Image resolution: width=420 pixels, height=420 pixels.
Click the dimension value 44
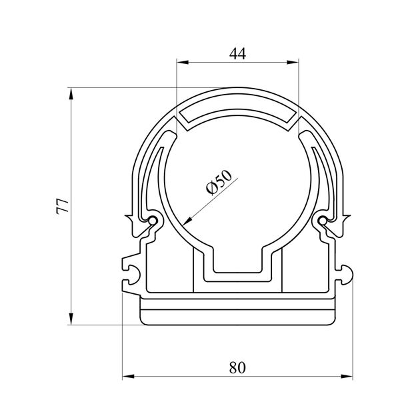click(237, 54)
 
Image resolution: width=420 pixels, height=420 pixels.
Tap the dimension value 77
click(62, 206)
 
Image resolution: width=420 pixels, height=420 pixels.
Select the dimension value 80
click(237, 367)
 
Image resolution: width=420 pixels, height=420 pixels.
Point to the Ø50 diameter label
click(219, 182)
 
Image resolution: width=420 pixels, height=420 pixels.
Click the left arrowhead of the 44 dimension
click(183, 63)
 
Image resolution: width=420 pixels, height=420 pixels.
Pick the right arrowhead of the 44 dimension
click(293, 63)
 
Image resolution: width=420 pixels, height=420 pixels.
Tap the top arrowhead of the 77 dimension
click(71, 93)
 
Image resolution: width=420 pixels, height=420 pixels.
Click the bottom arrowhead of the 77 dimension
click(71, 319)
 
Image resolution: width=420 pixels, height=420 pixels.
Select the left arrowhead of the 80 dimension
click(128, 377)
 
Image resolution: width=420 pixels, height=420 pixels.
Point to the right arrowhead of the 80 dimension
click(347, 377)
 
